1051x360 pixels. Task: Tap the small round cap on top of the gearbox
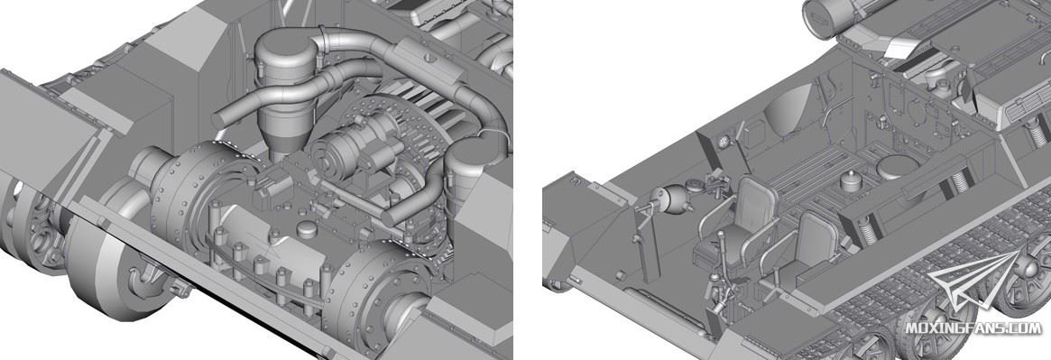(306, 231)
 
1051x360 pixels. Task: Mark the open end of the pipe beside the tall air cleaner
(219, 121)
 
